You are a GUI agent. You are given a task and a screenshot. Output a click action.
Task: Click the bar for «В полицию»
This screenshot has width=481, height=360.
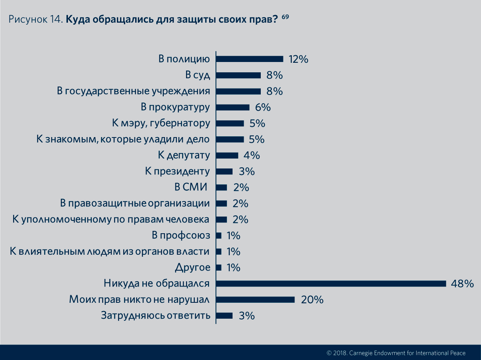point(249,59)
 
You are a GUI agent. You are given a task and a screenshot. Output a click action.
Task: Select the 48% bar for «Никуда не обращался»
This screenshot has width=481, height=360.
point(331,283)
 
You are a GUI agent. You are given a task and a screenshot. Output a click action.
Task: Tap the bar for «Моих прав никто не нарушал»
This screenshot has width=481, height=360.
point(255,300)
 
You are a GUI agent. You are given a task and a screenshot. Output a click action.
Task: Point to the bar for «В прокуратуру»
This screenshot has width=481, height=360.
point(233,107)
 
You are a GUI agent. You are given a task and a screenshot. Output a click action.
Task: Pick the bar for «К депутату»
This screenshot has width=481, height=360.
point(227,155)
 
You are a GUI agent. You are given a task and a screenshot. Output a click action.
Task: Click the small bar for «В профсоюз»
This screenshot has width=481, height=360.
point(219,236)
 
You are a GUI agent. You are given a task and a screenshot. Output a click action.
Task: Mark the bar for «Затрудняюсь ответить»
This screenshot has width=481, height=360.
point(224,315)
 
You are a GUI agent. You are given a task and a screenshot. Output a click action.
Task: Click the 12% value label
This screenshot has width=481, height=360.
point(299,59)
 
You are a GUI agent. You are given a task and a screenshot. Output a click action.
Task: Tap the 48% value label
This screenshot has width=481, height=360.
point(462,283)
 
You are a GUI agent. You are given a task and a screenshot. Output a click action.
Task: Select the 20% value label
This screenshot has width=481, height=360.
point(312,300)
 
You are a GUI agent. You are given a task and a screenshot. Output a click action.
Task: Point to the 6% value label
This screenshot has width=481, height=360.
point(262,107)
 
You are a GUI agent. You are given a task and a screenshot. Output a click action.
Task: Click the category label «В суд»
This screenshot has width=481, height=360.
point(198,75)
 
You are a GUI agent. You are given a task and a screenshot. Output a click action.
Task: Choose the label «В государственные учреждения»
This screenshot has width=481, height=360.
point(134,91)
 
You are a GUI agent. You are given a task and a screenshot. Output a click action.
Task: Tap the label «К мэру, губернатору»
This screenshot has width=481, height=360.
point(161,123)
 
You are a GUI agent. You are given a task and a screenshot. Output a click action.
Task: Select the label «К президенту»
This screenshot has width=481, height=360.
point(177,171)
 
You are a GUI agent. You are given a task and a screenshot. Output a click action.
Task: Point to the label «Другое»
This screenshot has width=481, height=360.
point(192,267)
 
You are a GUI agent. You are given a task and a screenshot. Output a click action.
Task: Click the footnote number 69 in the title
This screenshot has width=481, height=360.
point(285,17)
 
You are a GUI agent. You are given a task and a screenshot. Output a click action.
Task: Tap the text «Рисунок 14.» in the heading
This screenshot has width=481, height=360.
point(35,19)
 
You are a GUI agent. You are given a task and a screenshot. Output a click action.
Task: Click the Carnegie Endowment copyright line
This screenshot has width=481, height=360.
point(396,352)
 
